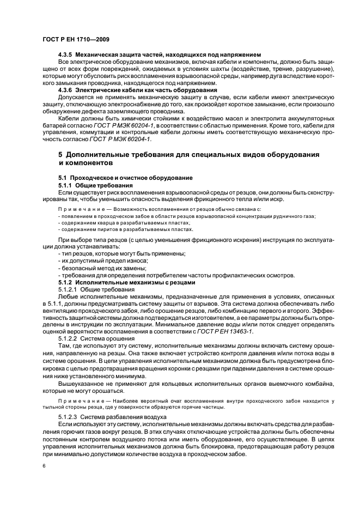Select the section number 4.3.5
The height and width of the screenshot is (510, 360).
[x=66, y=55]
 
